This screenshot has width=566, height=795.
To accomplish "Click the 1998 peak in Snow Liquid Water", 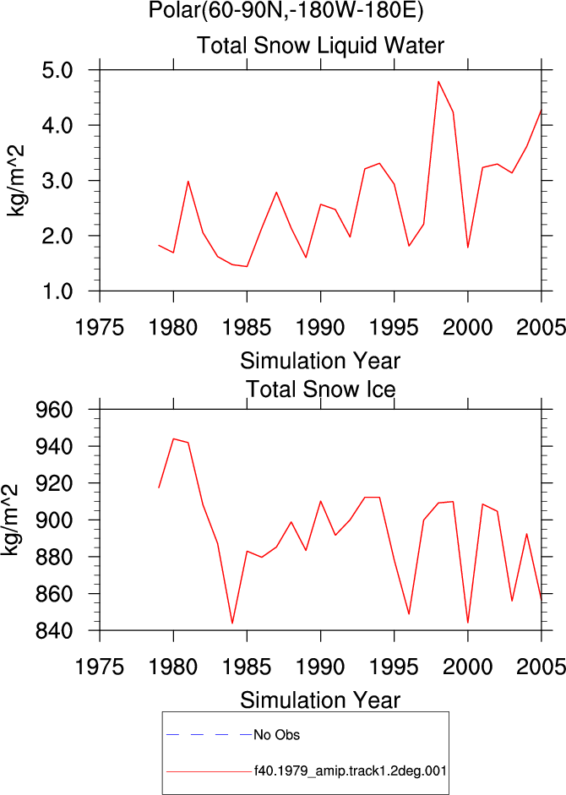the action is click(438, 81).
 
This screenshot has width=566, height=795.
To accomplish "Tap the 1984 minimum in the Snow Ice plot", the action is click(232, 623).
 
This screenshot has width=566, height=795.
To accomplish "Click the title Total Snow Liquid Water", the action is click(320, 46).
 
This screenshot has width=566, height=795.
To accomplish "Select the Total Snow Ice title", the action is click(320, 389).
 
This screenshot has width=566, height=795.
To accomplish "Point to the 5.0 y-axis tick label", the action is click(57, 70).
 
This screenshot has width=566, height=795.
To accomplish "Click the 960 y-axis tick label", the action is click(54, 409).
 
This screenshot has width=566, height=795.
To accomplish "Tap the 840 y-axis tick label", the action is click(54, 631).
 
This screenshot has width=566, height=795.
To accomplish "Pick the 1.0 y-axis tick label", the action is click(57, 291).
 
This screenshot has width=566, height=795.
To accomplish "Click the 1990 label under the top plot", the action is click(320, 327).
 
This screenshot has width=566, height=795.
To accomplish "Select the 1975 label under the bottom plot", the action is click(100, 667).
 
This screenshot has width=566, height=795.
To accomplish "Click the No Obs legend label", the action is click(276, 735).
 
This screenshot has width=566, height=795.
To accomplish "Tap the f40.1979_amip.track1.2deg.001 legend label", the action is click(351, 771).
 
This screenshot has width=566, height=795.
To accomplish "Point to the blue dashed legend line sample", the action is click(210, 735).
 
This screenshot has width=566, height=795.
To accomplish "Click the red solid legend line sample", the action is click(210, 771).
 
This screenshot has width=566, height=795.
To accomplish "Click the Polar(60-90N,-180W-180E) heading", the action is click(286, 11).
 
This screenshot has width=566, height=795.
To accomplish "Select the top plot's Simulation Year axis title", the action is click(320, 361).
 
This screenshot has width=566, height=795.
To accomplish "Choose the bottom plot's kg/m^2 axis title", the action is click(10, 520).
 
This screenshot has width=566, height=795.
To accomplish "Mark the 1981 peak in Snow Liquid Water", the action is click(188, 181).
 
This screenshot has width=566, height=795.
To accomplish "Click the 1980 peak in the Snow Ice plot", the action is click(173, 438).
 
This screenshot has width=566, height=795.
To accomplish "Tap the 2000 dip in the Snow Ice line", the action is click(468, 623).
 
